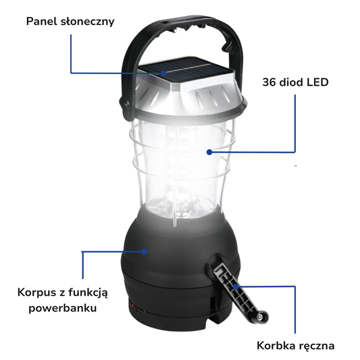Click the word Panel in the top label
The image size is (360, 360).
click(42, 22)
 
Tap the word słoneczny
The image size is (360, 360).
click(88, 22)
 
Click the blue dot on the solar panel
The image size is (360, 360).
click(163, 73)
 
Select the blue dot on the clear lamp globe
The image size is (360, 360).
click(209, 152)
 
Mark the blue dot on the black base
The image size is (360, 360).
click(145, 252)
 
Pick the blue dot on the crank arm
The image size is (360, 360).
click(236, 286)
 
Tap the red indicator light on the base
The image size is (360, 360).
click(132, 305)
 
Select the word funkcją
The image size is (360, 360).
click(88, 293)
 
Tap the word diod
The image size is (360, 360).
click(289, 82)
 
